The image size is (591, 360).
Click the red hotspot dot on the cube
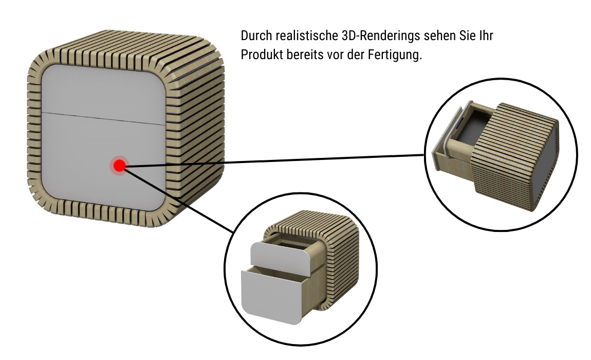[x=119, y=166]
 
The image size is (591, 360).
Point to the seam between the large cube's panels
[x=103, y=117]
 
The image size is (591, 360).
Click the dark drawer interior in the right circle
[x=470, y=126]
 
